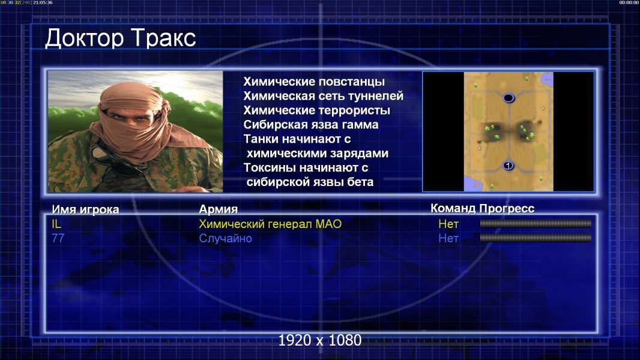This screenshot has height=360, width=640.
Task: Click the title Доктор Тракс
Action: point(121,38)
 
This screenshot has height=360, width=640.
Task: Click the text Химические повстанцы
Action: point(314,82)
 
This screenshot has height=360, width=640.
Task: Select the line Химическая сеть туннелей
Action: point(323,96)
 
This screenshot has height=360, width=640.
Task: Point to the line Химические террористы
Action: point(317,110)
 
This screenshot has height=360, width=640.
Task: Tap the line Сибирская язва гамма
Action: point(310,124)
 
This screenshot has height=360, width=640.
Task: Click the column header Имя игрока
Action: point(85,209)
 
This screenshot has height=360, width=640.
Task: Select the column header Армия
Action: point(218,209)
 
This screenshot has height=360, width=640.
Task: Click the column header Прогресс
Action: point(507,208)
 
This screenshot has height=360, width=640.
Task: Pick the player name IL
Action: point(56,224)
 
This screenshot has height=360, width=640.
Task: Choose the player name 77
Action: point(58,238)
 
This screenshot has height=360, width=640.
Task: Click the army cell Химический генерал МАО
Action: point(270,224)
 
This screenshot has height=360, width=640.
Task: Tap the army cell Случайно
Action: point(225,238)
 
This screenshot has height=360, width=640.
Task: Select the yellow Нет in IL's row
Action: point(448,224)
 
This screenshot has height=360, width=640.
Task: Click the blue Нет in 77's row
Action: point(448,238)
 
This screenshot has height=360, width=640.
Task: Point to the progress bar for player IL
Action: point(536,223)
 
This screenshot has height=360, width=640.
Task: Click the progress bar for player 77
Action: point(536,238)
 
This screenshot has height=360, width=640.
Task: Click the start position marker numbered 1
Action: point(508,166)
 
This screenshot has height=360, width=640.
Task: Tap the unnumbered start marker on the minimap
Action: point(509,98)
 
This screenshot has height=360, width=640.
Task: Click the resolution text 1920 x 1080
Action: point(320,340)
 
